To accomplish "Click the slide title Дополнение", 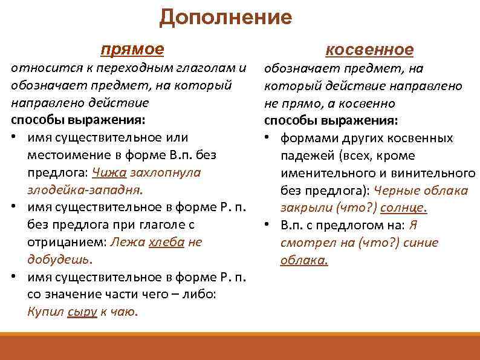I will (x=225, y=17).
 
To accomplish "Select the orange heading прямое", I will (x=132, y=48).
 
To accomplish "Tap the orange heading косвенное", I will (x=369, y=50).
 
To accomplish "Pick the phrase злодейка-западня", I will (x=85, y=190).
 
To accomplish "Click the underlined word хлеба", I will (x=166, y=242).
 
